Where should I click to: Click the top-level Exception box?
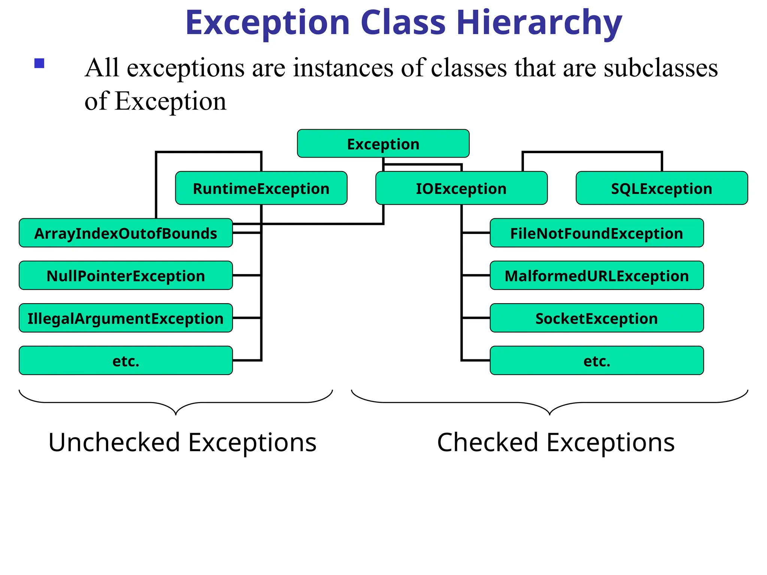pyautogui.click(x=383, y=144)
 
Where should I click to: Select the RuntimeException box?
pyautogui.click(x=261, y=188)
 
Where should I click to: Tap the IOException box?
pyautogui.click(x=461, y=188)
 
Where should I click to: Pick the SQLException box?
pyautogui.click(x=661, y=188)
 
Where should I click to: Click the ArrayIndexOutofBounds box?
pyautogui.click(x=125, y=233)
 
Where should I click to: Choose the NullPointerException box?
pyautogui.click(x=125, y=276)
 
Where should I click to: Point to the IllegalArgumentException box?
pyautogui.click(x=125, y=318)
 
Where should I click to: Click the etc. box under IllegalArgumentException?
pyautogui.click(x=125, y=361)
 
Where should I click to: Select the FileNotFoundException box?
pyautogui.click(x=596, y=233)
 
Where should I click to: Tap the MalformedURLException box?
pyautogui.click(x=596, y=276)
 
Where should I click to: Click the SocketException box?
pyautogui.click(x=596, y=318)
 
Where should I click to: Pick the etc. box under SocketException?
pyautogui.click(x=596, y=361)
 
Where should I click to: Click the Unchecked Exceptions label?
pyautogui.click(x=182, y=442)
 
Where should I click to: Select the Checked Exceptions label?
pyautogui.click(x=556, y=442)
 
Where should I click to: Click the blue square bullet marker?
pyautogui.click(x=39, y=63)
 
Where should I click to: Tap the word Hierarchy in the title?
pyautogui.click(x=539, y=23)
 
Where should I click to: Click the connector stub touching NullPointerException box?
pyautogui.click(x=246, y=276)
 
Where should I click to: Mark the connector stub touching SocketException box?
pyautogui.click(x=476, y=318)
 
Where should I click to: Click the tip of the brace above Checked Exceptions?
pyautogui.click(x=549, y=414)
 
